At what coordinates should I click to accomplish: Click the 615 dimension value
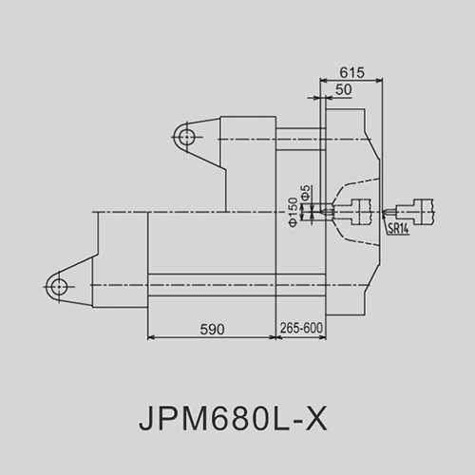[351, 72]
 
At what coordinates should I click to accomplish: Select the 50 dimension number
[344, 89]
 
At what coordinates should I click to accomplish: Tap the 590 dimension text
[212, 330]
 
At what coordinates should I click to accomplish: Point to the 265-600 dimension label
[301, 328]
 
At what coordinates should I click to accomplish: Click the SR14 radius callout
[398, 228]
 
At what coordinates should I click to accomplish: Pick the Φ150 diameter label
[294, 212]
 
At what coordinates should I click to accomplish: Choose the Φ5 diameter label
[306, 193]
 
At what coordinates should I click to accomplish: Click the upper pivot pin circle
[186, 138]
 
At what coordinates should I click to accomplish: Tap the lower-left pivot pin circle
[59, 287]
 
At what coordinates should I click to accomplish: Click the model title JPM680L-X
[233, 419]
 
